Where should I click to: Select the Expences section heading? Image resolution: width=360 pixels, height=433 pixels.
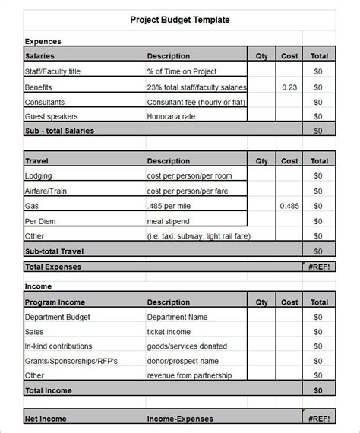[x=43, y=41]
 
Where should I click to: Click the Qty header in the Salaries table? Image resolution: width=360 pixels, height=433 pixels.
[x=262, y=56]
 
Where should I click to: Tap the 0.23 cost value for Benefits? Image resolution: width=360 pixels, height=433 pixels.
[x=289, y=87]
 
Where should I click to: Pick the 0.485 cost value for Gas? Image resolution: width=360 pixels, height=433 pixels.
[x=289, y=206]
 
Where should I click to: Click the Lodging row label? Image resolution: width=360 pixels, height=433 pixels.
[x=39, y=175]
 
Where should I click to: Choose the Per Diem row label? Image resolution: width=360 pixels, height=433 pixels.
[x=41, y=220]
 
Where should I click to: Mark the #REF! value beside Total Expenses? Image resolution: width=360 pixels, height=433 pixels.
[x=319, y=267]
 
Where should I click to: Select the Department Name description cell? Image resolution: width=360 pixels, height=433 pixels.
[x=177, y=318]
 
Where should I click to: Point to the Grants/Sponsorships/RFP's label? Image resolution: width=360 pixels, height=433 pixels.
[x=73, y=361]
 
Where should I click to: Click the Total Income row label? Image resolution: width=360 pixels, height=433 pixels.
[x=49, y=390]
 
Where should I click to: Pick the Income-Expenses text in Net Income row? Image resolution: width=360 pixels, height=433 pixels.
[x=180, y=419]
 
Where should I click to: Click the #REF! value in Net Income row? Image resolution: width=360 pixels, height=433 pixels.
[x=319, y=419]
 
